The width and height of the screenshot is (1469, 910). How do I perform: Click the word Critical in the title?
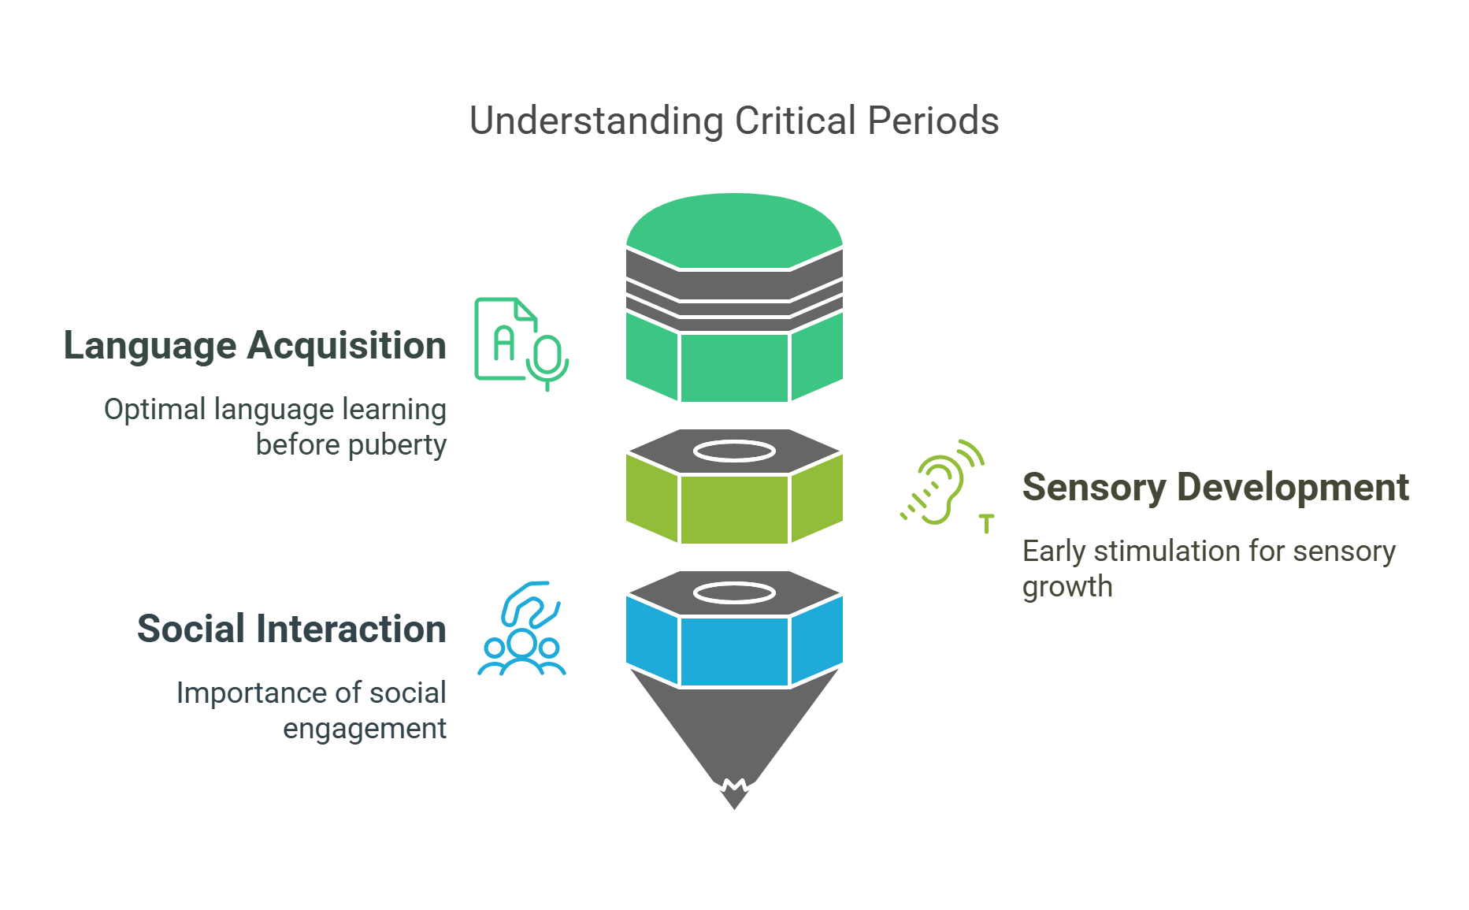(795, 121)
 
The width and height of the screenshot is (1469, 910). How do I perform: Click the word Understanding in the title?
(595, 121)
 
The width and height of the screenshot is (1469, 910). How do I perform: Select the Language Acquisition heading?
(254, 346)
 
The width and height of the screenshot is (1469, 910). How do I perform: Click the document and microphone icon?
(520, 343)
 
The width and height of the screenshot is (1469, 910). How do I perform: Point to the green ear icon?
(941, 482)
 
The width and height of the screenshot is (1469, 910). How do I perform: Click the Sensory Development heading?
(1215, 487)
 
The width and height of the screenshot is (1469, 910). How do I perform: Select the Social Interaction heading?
(291, 629)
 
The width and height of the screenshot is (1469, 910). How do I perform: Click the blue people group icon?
(521, 630)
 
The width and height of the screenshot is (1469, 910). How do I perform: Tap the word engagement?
(364, 729)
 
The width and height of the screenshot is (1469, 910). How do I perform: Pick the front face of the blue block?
(734, 652)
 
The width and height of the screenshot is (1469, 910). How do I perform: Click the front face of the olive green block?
(734, 510)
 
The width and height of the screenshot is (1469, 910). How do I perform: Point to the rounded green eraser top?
(734, 228)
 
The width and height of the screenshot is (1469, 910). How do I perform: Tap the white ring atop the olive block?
(734, 451)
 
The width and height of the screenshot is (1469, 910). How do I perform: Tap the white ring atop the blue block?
(734, 592)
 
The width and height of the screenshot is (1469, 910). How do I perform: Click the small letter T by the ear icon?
(986, 524)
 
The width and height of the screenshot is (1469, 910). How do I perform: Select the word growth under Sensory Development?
(1067, 587)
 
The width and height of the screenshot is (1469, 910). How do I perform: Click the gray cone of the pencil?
(734, 725)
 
